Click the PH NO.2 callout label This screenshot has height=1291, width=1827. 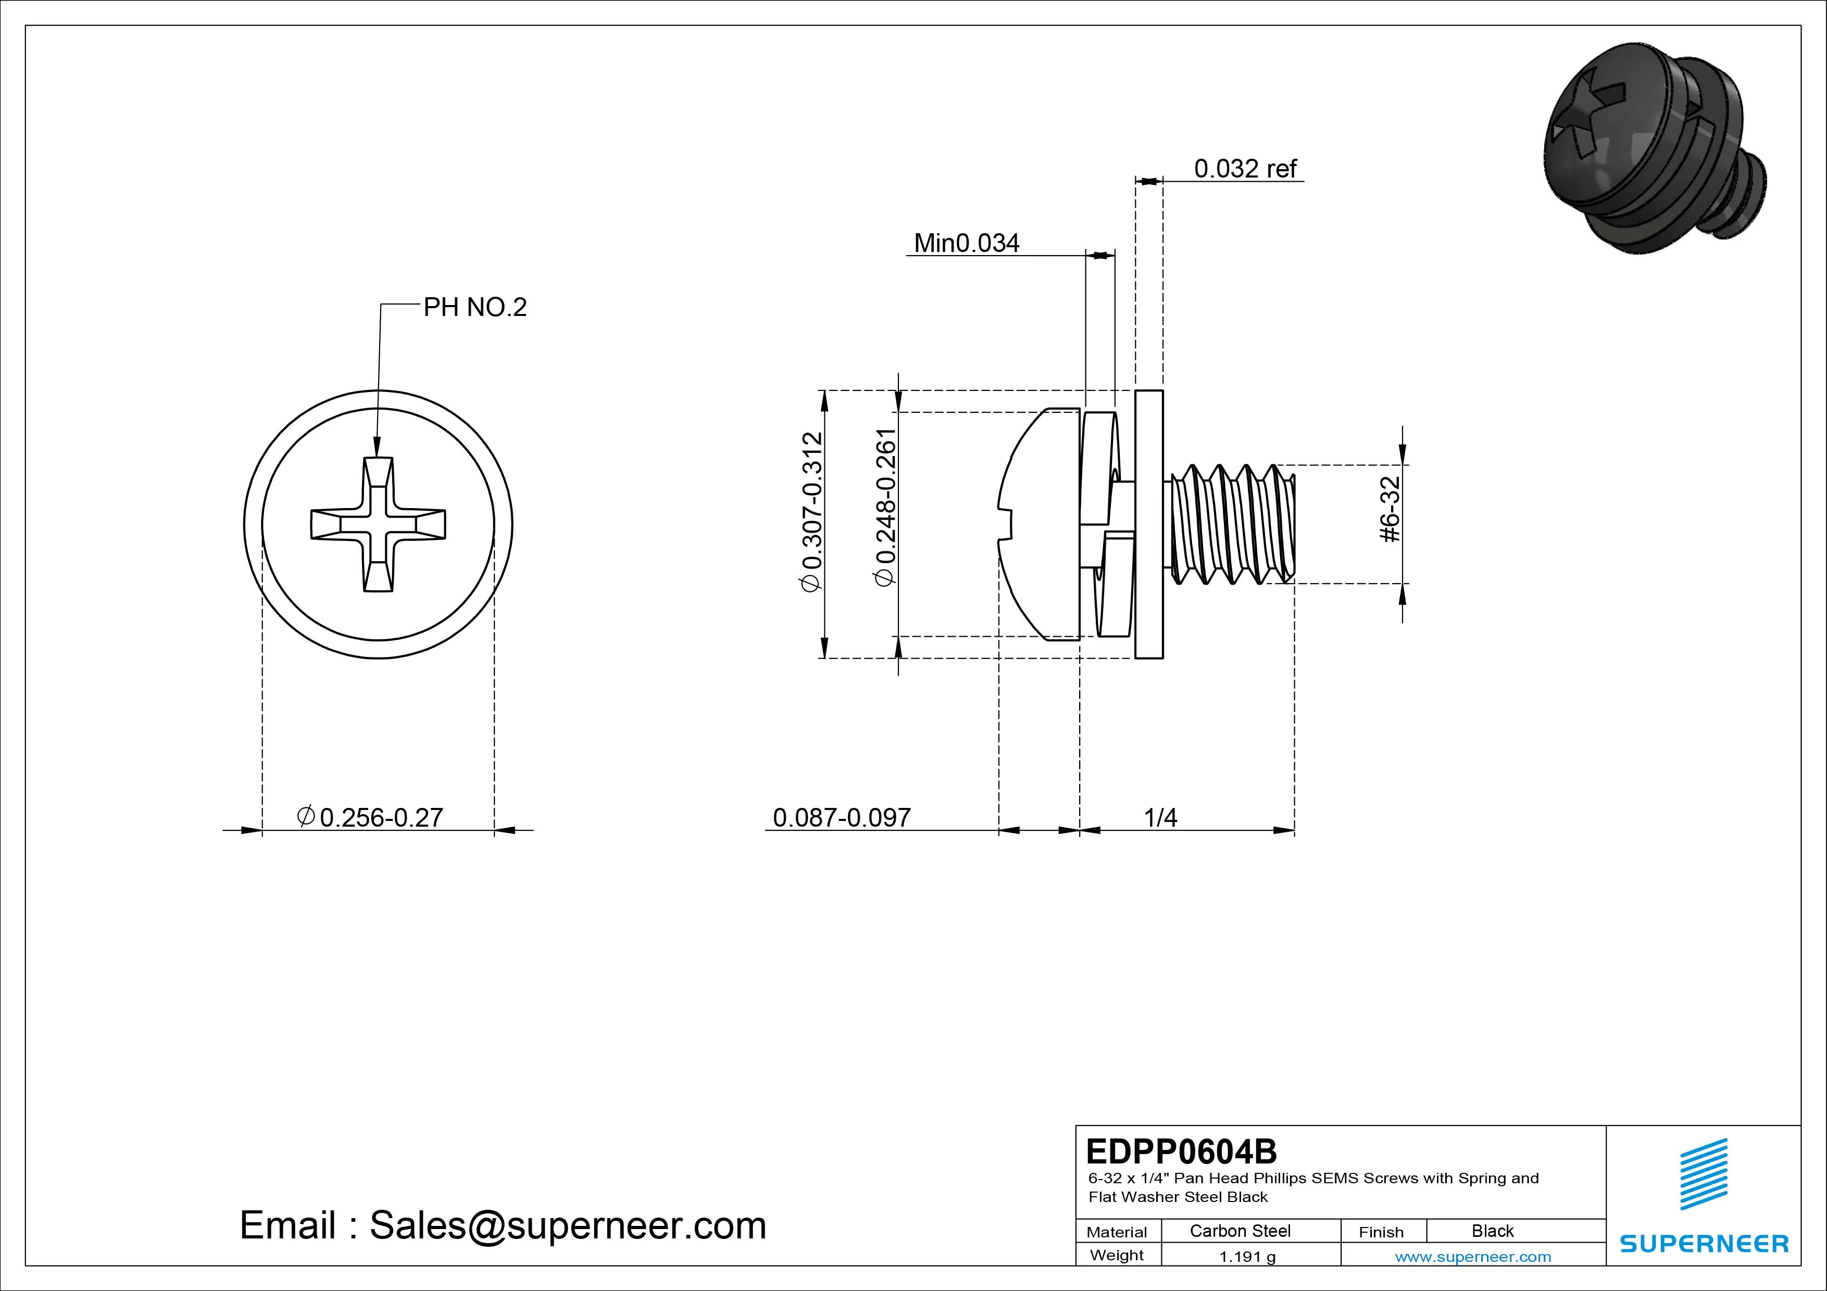click(x=474, y=307)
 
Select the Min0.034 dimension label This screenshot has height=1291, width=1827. click(x=966, y=243)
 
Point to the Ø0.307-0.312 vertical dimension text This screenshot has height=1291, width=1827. click(x=811, y=512)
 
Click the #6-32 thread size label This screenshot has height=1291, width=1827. click(x=1390, y=509)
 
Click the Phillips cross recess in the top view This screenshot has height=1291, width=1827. click(x=378, y=524)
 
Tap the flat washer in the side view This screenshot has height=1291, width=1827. click(x=1148, y=524)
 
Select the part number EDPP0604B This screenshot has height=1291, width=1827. click(x=1181, y=1151)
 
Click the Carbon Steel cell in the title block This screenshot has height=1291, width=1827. click(x=1240, y=1231)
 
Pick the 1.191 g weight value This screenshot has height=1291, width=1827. click(x=1247, y=1257)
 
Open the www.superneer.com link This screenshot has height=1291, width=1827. click(x=1473, y=1257)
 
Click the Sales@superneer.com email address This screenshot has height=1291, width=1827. click(x=567, y=1226)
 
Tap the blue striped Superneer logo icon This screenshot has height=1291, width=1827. click(x=1703, y=1173)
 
